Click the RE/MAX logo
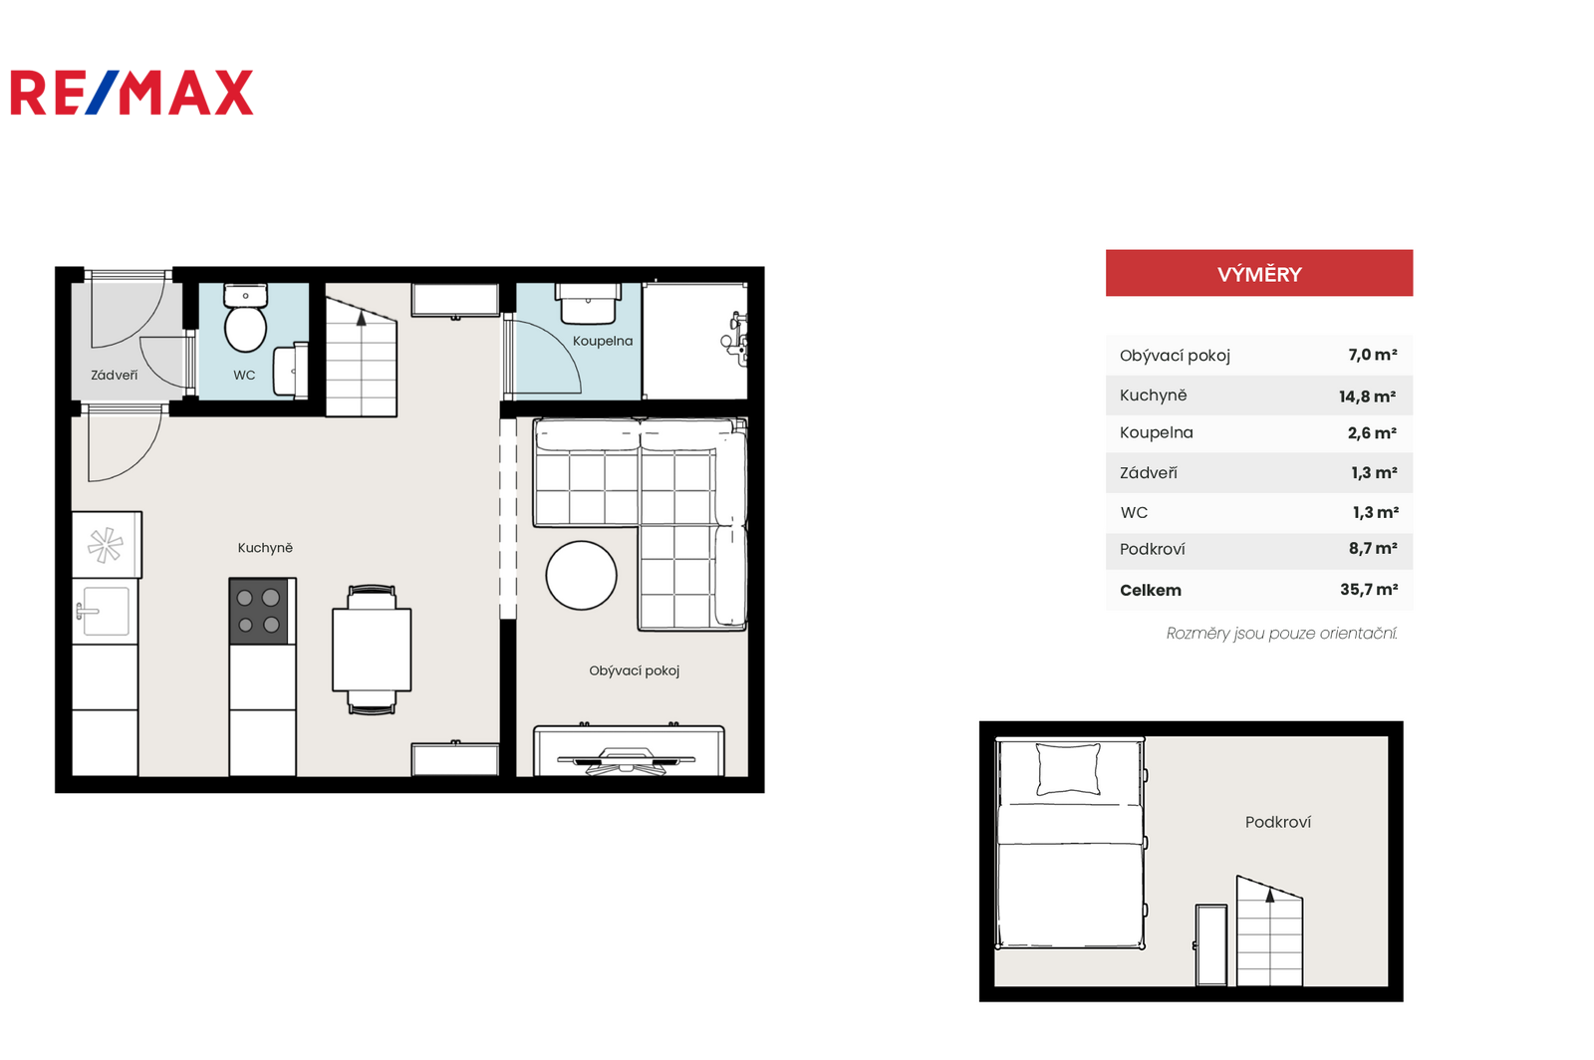pos(132,93)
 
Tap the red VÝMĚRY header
pos(1259,273)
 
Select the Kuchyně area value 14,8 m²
pos(1367,397)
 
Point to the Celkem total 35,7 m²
pos(1369,590)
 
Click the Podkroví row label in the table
pos(1152,549)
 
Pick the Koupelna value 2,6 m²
pos(1372,433)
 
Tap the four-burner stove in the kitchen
pos(259,611)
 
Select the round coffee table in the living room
pos(582,576)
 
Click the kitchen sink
pos(105,611)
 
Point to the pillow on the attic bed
pos(1068,768)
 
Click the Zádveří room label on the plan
pos(115,375)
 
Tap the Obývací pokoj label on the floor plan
pos(634,670)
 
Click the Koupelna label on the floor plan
pos(603,342)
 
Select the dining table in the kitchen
pos(372,650)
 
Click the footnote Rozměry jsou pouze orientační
pos(1281,634)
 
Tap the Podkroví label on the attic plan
pos(1278,822)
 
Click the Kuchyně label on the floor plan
pos(265,548)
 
